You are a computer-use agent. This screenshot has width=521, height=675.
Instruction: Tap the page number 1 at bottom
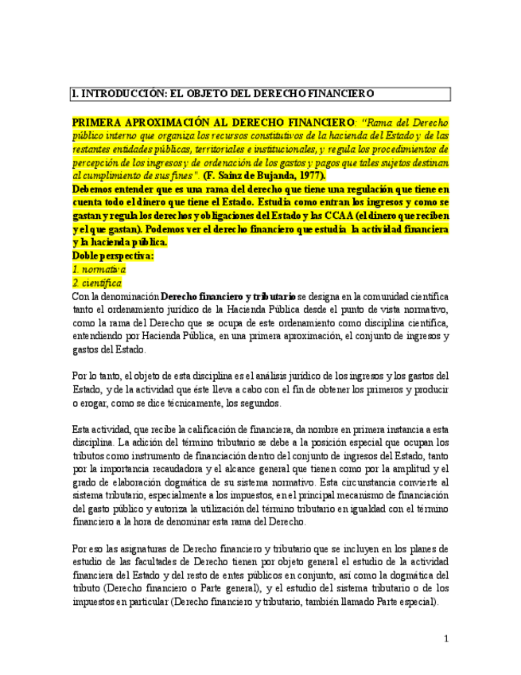[x=446, y=638]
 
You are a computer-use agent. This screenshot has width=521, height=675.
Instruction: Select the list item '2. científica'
[x=97, y=283]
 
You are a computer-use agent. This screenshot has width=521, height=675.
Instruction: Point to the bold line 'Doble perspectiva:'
[x=113, y=256]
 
